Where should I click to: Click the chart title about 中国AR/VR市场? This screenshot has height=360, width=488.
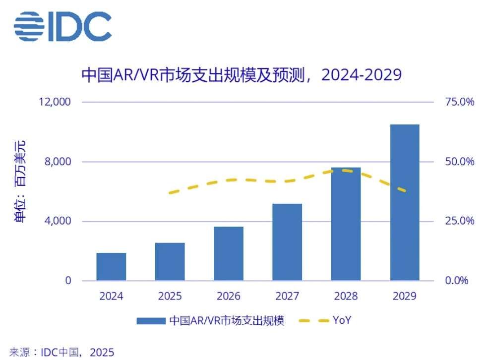(x=241, y=75)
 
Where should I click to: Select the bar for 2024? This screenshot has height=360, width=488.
(x=111, y=267)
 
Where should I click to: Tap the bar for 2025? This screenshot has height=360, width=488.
(x=170, y=262)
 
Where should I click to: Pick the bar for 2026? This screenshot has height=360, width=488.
(x=229, y=253)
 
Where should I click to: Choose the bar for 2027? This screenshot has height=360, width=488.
(x=287, y=242)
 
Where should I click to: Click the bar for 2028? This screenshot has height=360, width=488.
(x=346, y=224)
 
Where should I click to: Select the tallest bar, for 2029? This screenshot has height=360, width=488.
(x=405, y=202)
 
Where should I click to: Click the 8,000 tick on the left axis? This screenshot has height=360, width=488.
(x=58, y=162)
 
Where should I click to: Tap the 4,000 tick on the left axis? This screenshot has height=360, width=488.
(x=58, y=221)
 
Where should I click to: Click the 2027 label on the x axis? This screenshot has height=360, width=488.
(x=287, y=297)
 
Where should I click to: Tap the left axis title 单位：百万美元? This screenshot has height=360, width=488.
(x=21, y=181)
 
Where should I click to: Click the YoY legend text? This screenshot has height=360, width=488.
(x=342, y=321)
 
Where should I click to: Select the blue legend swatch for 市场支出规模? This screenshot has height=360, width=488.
(x=151, y=321)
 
